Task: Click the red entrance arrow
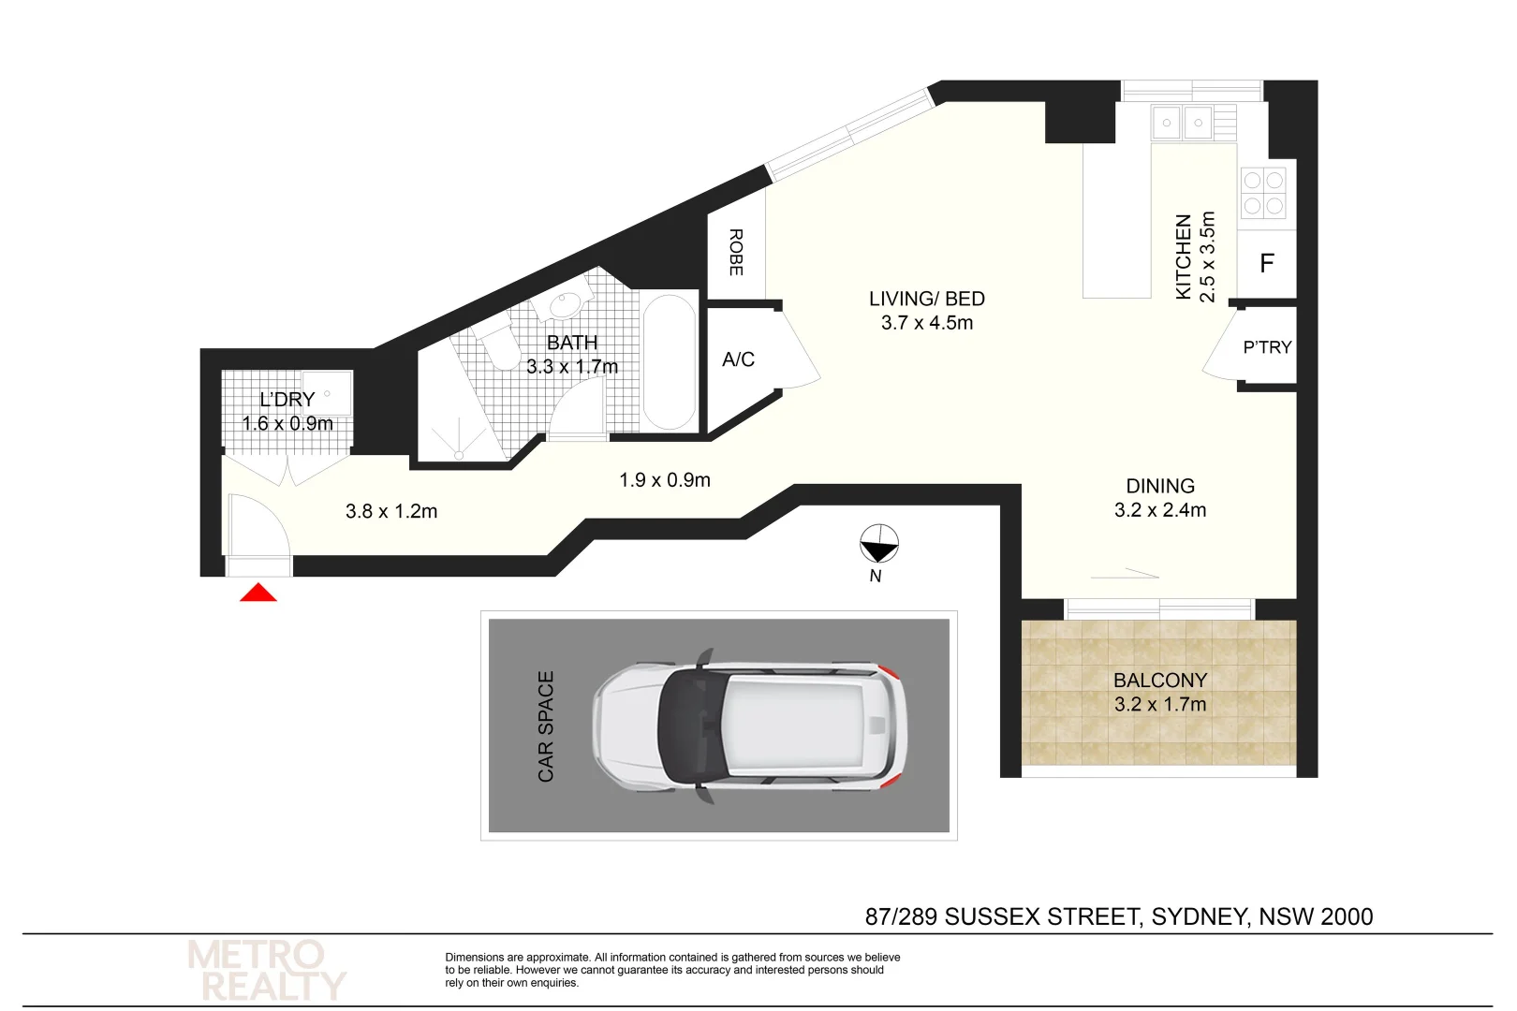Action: point(258,593)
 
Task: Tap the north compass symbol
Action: point(879,543)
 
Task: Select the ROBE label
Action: point(736,252)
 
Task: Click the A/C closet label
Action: point(738,359)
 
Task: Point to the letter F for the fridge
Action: point(1266,264)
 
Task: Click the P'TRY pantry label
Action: point(1267,347)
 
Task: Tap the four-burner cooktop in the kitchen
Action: point(1262,193)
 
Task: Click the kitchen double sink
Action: point(1182,123)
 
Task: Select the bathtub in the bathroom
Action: point(670,362)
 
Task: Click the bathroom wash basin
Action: point(566,305)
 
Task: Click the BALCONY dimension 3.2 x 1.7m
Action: point(1160,705)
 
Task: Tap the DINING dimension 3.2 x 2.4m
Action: point(1160,510)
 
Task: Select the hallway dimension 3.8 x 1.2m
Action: point(391,511)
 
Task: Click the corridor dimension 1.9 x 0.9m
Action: point(665,480)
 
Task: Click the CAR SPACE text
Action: point(546,725)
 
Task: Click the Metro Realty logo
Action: point(266,971)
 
